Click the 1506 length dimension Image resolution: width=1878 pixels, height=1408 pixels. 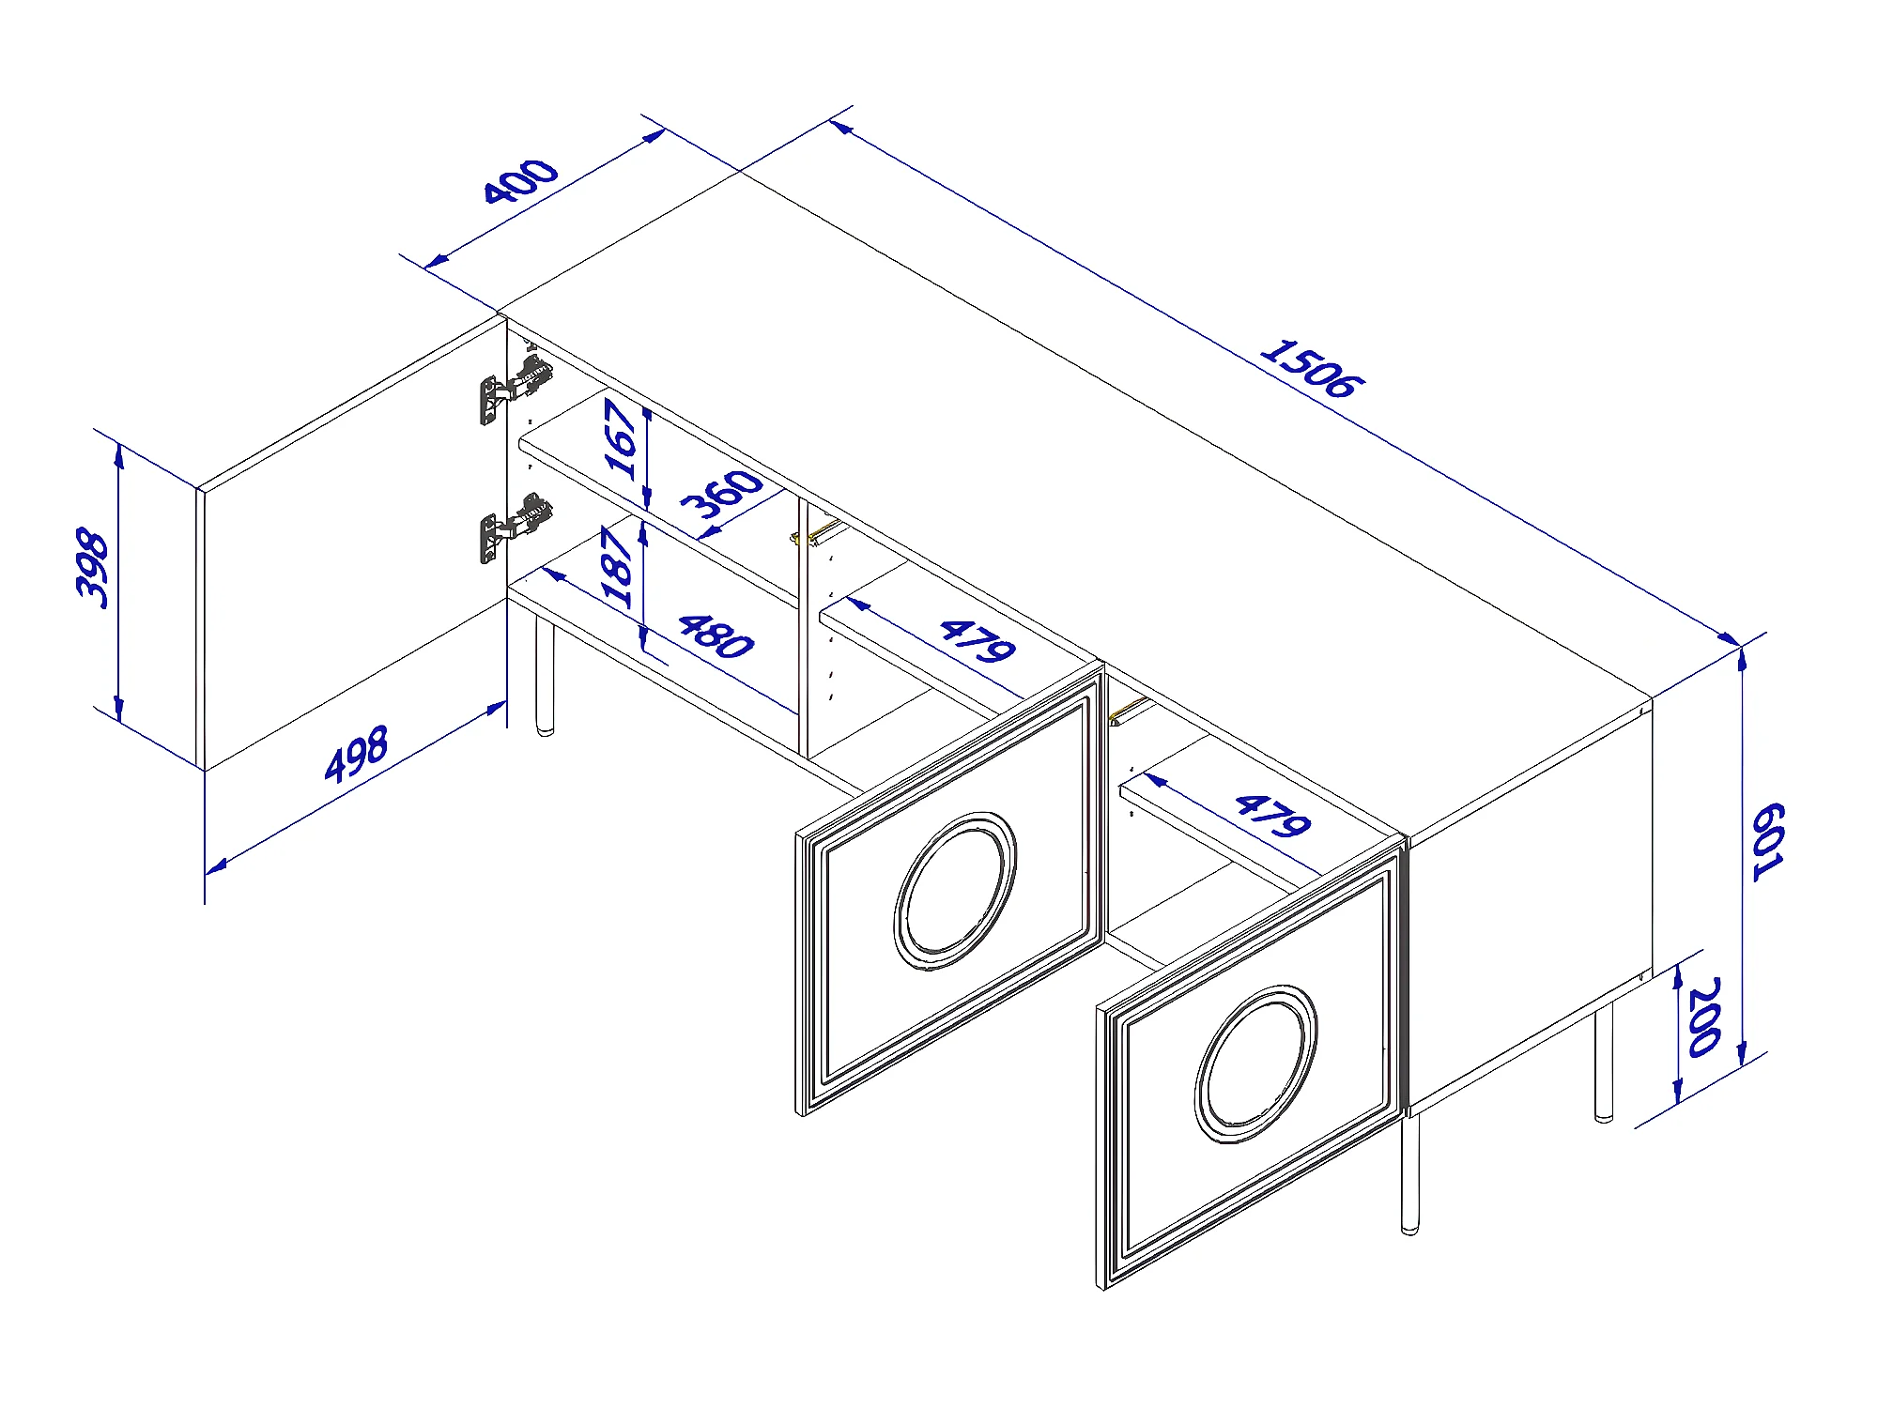[x=1311, y=368]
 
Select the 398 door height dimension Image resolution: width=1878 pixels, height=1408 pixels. [x=93, y=569]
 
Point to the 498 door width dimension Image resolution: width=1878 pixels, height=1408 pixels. [x=356, y=753]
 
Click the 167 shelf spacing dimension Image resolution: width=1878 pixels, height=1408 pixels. [x=621, y=438]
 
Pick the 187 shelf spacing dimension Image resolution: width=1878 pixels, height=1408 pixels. [x=617, y=567]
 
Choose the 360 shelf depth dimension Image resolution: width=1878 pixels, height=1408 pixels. [x=721, y=494]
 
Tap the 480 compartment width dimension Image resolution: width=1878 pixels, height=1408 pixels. [x=716, y=636]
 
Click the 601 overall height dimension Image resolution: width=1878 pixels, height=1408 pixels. [x=1767, y=841]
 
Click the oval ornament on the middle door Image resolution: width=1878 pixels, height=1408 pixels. [x=955, y=891]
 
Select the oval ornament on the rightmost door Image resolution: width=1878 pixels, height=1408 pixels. [x=1255, y=1064]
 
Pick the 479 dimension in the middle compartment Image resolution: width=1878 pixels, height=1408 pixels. [x=977, y=641]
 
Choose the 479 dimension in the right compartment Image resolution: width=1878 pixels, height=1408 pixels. [x=1272, y=816]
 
